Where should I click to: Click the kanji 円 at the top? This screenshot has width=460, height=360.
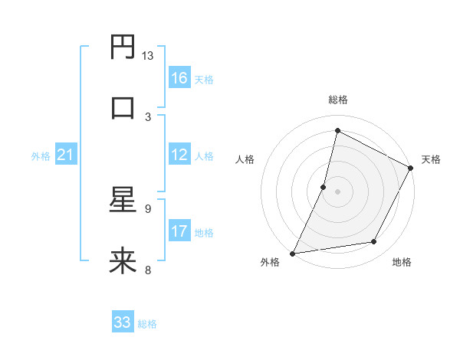(123, 47)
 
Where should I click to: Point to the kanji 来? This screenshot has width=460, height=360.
(123, 261)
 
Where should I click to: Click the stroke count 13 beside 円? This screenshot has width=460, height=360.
(148, 56)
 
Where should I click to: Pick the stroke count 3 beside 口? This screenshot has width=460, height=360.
(148, 116)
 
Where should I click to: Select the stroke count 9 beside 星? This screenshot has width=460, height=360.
(148, 208)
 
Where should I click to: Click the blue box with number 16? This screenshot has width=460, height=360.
(179, 78)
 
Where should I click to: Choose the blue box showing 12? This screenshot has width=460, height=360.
(179, 155)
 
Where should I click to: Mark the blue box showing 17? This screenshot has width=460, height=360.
(179, 231)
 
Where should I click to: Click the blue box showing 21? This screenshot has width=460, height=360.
(66, 155)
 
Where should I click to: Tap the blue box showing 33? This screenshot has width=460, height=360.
(123, 322)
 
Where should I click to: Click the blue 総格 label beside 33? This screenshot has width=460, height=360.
(147, 324)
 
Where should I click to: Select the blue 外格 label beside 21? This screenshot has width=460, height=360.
(41, 156)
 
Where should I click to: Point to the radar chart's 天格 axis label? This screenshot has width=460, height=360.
(431, 159)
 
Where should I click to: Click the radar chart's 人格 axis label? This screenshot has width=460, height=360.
(245, 159)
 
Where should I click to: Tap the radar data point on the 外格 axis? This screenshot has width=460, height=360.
(293, 253)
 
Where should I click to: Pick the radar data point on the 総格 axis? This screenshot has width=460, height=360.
(337, 130)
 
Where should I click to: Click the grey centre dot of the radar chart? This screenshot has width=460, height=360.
(337, 191)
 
